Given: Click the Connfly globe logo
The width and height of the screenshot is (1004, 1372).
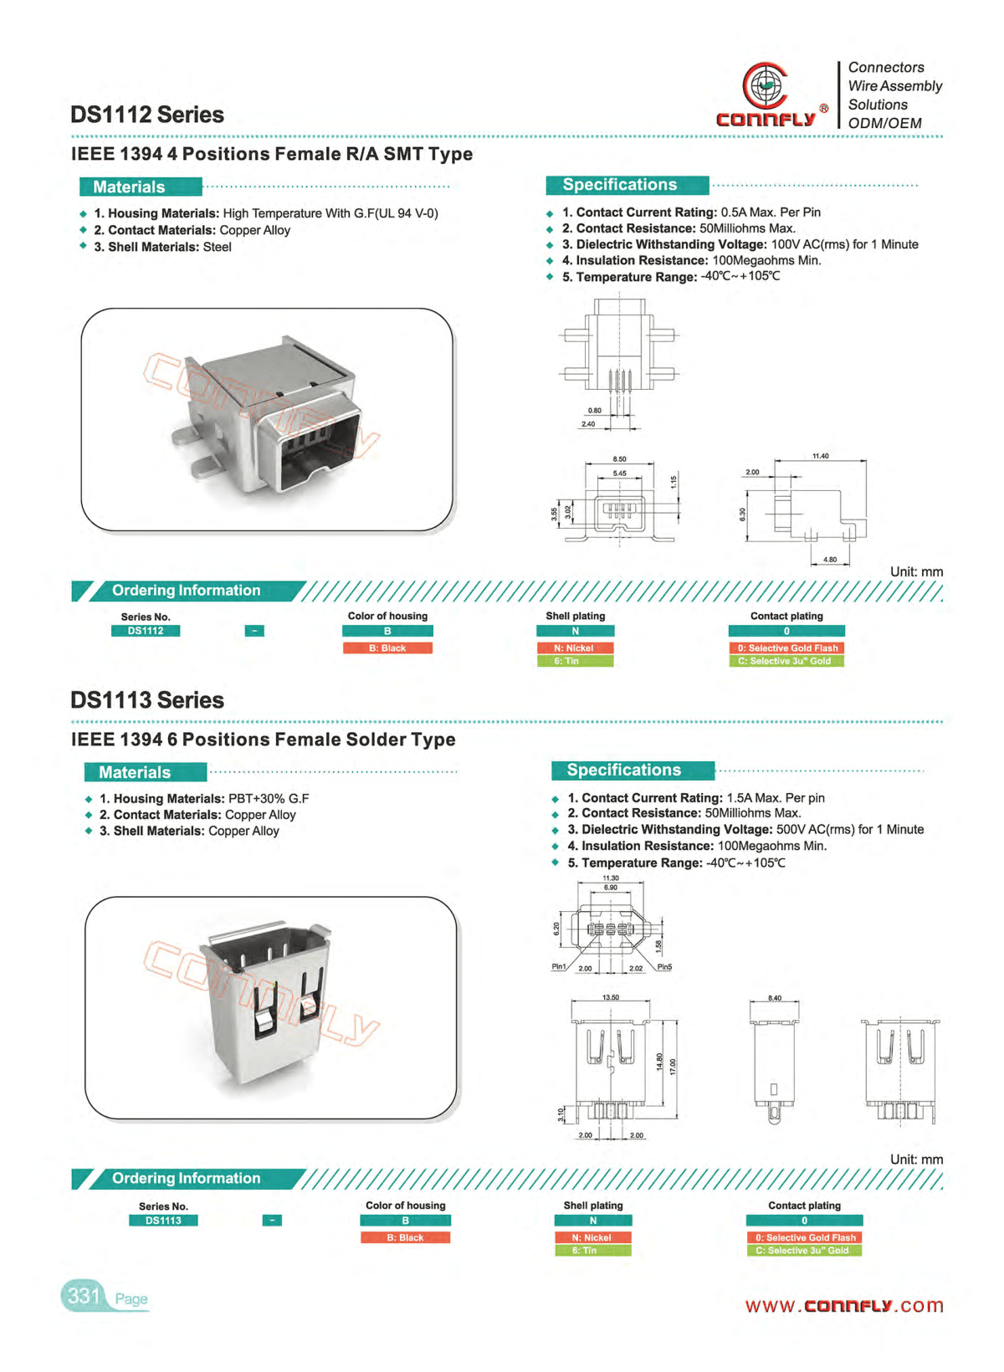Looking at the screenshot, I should [x=765, y=86].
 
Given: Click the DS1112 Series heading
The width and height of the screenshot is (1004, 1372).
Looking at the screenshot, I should [x=147, y=115].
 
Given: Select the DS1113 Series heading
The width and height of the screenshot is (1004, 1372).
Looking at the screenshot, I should [x=147, y=700].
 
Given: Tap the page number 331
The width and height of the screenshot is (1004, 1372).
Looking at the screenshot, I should [x=84, y=1296].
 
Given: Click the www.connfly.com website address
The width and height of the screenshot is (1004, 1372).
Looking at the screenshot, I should [x=843, y=1306].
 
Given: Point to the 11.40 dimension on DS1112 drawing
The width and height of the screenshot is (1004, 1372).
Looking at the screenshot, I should [x=820, y=456].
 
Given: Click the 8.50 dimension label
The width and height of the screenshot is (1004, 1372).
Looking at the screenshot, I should [x=619, y=459].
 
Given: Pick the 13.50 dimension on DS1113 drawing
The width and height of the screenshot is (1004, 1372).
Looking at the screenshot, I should [x=611, y=997].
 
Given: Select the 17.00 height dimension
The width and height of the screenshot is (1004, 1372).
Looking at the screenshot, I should [x=672, y=1067].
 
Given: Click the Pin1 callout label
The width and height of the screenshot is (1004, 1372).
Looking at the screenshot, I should [x=559, y=966].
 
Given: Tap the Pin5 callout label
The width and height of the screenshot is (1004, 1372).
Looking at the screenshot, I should [x=664, y=966].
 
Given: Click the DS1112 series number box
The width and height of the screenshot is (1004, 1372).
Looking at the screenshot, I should [x=146, y=631].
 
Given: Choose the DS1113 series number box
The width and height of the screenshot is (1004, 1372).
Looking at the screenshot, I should [x=163, y=1221].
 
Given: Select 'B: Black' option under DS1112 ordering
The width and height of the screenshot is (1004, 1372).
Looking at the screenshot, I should [x=387, y=648].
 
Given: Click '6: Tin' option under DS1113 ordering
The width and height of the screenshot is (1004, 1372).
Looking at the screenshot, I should [x=592, y=1251].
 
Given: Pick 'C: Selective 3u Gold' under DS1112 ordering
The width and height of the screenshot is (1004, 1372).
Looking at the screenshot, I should [x=786, y=661].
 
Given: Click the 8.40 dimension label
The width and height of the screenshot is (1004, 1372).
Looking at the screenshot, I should [x=775, y=998].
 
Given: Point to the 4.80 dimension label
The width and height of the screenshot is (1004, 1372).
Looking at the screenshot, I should [x=829, y=559].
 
